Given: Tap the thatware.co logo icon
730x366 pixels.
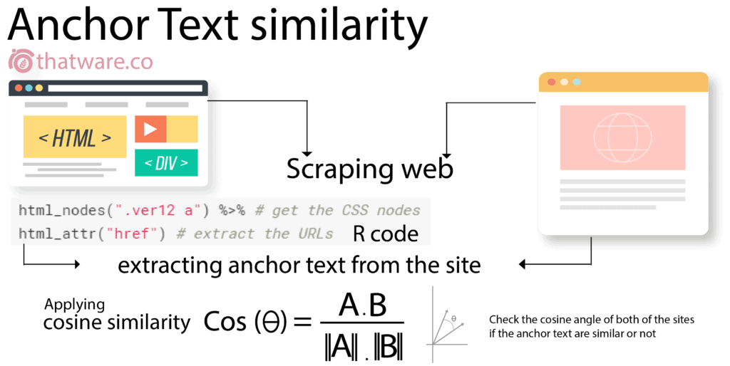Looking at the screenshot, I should [x=21, y=61].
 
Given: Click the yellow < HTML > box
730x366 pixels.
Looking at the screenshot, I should [x=75, y=137].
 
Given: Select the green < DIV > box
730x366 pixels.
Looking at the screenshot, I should [x=166, y=163].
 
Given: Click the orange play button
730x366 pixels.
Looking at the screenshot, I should [x=150, y=129].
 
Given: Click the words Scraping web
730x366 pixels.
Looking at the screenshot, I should [x=369, y=169].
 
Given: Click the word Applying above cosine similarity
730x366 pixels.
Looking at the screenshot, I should [x=74, y=305].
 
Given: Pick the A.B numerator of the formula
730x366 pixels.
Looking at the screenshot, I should [x=362, y=305].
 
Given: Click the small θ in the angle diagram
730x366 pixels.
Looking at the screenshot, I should [x=454, y=318].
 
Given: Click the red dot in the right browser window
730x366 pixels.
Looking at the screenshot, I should [x=551, y=82].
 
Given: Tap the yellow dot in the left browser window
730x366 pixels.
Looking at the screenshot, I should [x=39, y=88].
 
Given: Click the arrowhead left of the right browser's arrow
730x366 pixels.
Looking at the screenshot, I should [x=523, y=265].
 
